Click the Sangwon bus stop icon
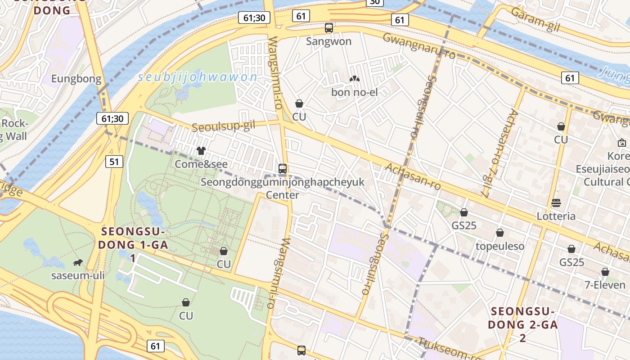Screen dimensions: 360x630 pyautogui.click(x=329, y=28)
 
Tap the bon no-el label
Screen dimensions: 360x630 pyautogui.click(x=354, y=92)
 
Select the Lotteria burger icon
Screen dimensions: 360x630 pyautogui.click(x=556, y=202)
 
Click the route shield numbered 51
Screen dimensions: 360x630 pyautogui.click(x=115, y=162)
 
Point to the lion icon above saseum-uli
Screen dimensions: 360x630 pyautogui.click(x=78, y=262)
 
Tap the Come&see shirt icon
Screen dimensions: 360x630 pyautogui.click(x=201, y=150)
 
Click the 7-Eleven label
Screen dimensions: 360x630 pyautogui.click(x=605, y=285)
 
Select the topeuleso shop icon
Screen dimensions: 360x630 pyautogui.click(x=499, y=233)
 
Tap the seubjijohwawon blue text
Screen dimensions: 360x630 pyautogui.click(x=198, y=77)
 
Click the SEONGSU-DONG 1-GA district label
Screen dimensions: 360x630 pyautogui.click(x=133, y=238)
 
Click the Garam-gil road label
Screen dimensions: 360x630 pyautogui.click(x=535, y=20)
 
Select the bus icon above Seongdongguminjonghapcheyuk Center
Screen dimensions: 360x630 pyautogui.click(x=283, y=169)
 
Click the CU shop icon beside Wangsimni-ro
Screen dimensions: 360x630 pyautogui.click(x=299, y=104)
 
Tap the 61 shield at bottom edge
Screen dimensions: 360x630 pyautogui.click(x=155, y=346)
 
